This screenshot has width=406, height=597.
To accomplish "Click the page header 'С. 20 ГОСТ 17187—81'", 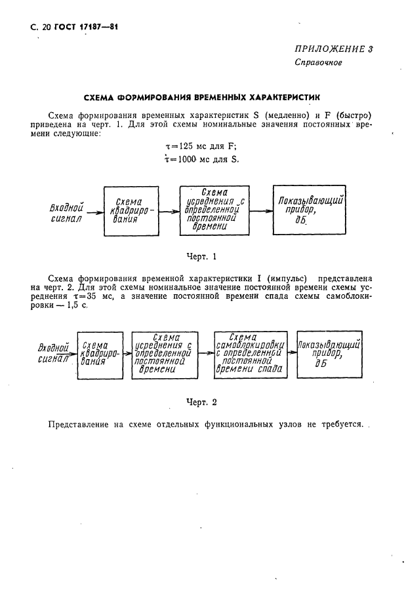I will [68, 27].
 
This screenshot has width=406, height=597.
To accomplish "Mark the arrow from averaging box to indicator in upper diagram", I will [258, 211].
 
